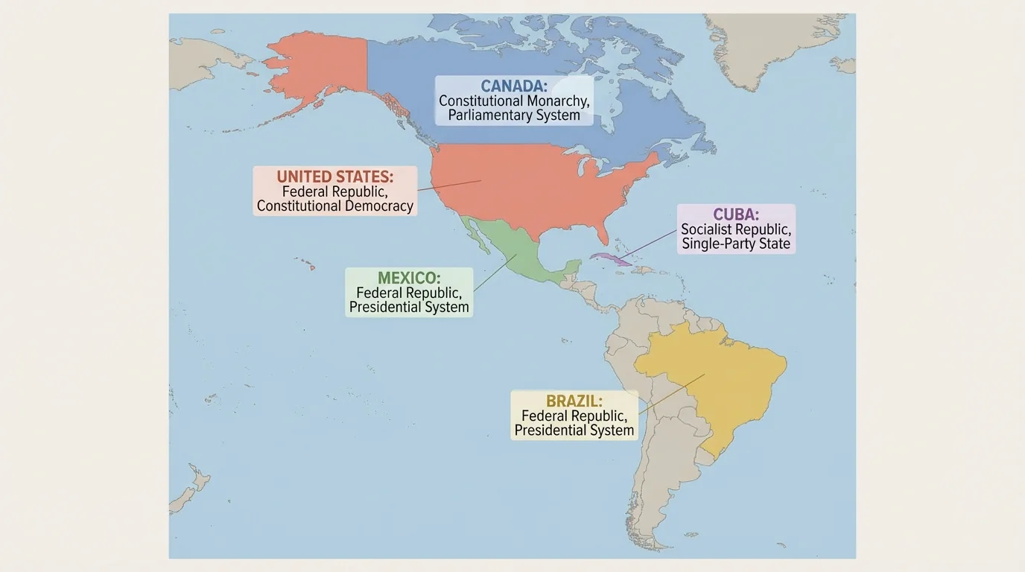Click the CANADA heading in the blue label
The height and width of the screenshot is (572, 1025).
tap(514, 86)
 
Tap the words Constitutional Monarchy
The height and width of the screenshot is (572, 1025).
tap(514, 101)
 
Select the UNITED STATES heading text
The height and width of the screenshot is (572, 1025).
tap(334, 177)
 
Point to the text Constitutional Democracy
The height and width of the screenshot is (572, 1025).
tap(334, 206)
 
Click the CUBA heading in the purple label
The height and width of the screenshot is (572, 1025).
tap(736, 215)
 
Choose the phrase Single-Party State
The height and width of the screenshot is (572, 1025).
tap(736, 244)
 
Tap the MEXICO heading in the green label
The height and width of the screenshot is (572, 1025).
tap(409, 279)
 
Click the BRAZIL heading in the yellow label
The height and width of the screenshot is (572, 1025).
tap(574, 401)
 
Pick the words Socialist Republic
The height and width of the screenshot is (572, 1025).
tap(736, 230)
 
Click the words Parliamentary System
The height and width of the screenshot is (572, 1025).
tap(514, 115)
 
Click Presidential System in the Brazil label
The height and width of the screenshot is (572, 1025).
tap(574, 430)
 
